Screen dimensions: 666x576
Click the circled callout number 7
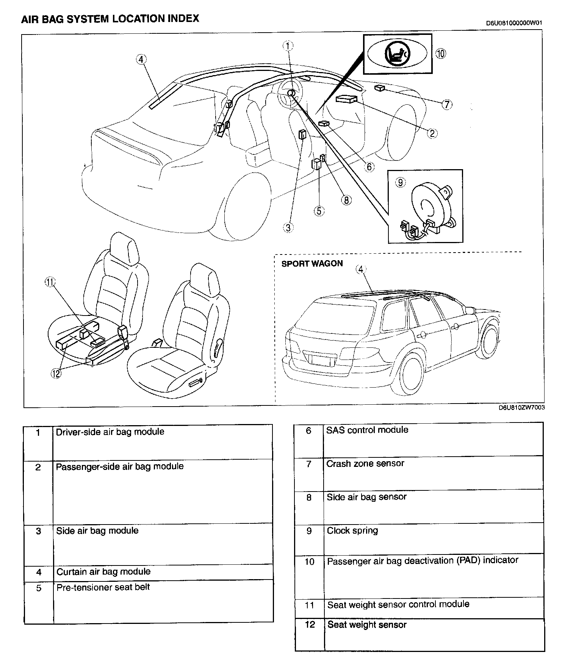[447, 104]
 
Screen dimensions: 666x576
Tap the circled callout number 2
[432, 133]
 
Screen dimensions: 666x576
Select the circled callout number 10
[441, 53]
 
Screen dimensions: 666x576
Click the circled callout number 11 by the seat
[50, 282]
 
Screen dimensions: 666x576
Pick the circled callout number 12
[56, 374]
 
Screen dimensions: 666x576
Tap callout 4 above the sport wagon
[361, 269]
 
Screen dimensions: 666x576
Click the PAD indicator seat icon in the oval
[397, 53]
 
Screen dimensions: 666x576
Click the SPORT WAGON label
[312, 264]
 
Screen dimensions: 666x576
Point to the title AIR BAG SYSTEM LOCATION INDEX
[110, 19]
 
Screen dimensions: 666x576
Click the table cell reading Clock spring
[352, 531]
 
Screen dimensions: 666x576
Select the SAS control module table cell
[367, 430]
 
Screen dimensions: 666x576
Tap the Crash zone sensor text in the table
[365, 463]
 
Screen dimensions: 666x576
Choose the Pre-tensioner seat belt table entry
[103, 587]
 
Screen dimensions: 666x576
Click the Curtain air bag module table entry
[103, 572]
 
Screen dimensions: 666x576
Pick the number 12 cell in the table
[310, 625]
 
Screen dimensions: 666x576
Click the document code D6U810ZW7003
[522, 408]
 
